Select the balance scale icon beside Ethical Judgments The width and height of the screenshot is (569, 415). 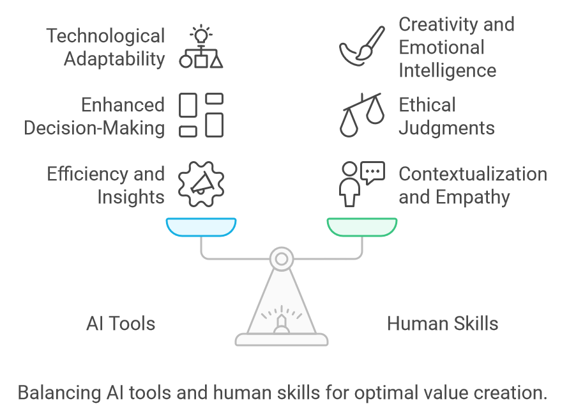pyautogui.click(x=361, y=116)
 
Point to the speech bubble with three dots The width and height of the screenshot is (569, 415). pyautogui.click(x=373, y=172)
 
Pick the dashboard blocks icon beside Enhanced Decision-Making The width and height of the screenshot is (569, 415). pyautogui.click(x=201, y=115)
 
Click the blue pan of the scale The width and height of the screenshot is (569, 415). pyautogui.click(x=201, y=226)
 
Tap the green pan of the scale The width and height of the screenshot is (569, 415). pyautogui.click(x=362, y=226)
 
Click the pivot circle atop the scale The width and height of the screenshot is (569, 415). pyautogui.click(x=280, y=258)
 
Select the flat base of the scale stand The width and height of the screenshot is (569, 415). pyautogui.click(x=282, y=339)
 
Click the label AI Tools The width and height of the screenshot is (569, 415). pyautogui.click(x=121, y=324)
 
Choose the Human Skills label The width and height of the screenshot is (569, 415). pyautogui.click(x=443, y=324)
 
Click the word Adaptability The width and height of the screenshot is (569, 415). pyautogui.click(x=114, y=59)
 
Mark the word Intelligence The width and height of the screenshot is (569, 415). pyautogui.click(x=447, y=70)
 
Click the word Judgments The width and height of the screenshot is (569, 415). pyautogui.click(x=446, y=128)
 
